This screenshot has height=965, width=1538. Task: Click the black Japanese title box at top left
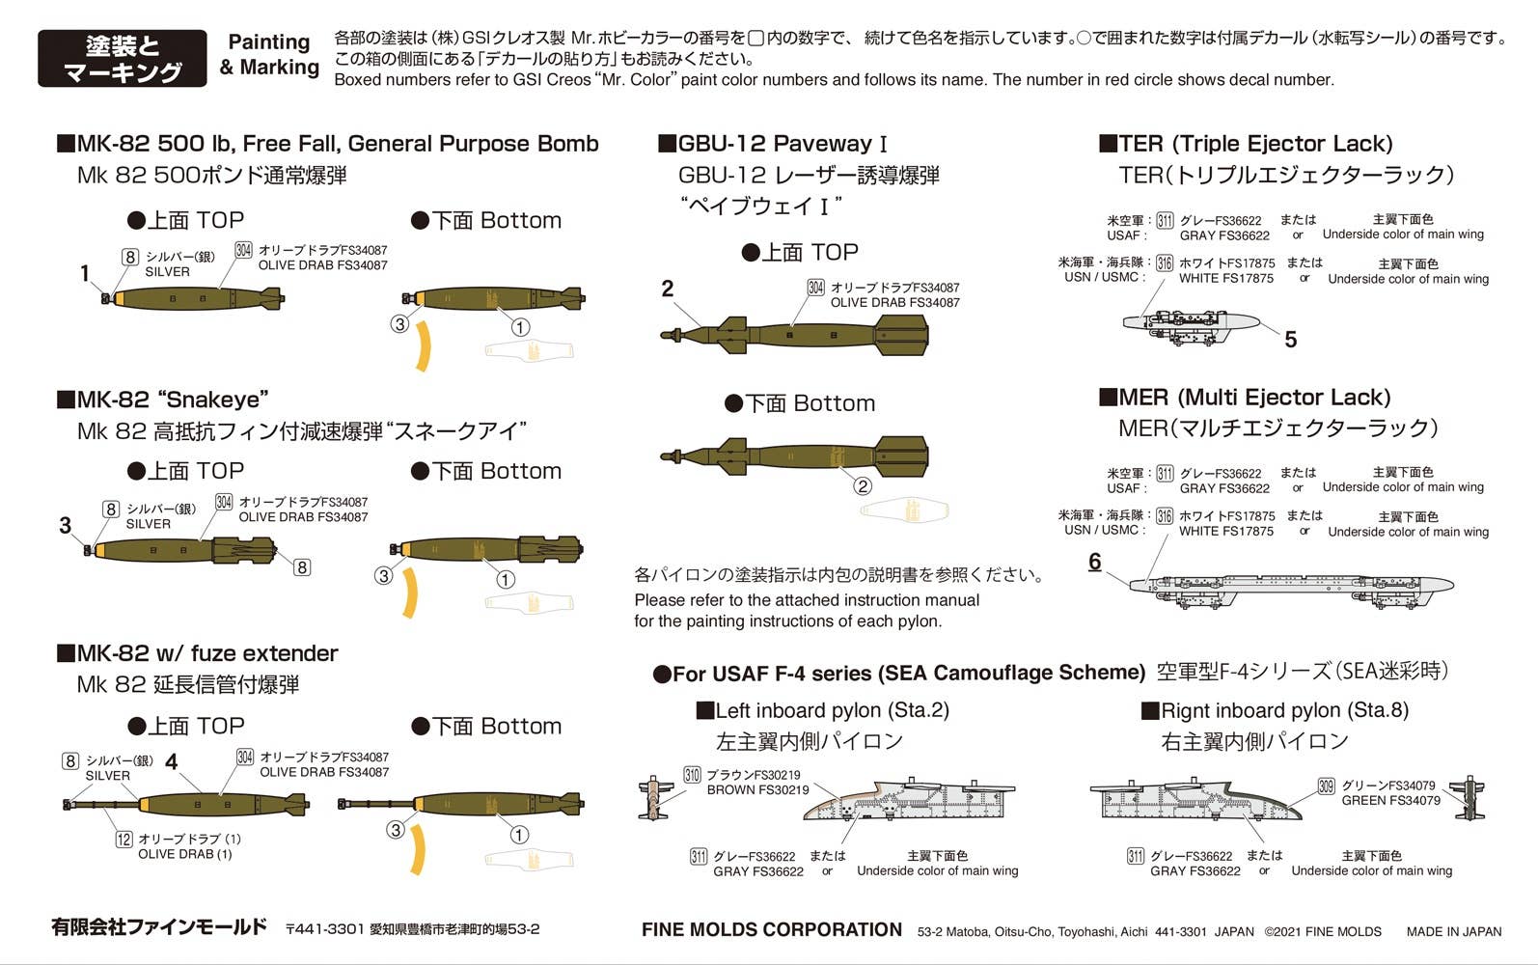point(123,58)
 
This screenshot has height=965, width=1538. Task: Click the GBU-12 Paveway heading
point(773,144)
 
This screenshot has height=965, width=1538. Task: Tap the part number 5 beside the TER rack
point(1291,340)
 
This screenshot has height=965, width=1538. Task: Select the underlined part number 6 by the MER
point(1095,562)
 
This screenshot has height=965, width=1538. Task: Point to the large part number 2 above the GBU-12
point(668,289)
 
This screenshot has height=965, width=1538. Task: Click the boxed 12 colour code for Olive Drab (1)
point(124,840)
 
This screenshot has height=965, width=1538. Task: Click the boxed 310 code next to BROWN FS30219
point(692,776)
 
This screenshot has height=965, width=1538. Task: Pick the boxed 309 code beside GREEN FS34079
point(1327,786)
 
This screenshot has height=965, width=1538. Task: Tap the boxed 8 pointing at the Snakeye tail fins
point(302,567)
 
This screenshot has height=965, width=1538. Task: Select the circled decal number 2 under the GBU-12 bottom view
point(863,486)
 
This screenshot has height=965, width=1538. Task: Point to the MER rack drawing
point(1292,590)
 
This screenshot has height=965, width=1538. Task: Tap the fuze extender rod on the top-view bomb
point(102,804)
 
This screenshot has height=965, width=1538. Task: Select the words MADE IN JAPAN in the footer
point(1453,932)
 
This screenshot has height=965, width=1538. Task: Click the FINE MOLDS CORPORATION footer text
point(772,930)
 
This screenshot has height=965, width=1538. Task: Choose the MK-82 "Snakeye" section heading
point(163,400)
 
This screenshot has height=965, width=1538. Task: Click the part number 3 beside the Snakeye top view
point(66,526)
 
